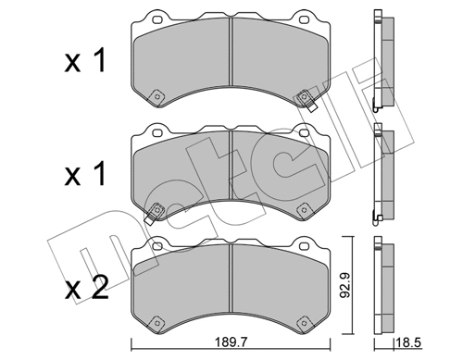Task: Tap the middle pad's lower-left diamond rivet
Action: point(156,209)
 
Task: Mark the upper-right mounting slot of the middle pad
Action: point(306,130)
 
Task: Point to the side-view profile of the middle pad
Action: point(379,174)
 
